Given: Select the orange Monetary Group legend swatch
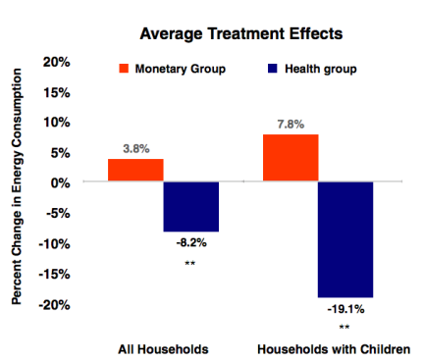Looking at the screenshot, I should [x=125, y=69].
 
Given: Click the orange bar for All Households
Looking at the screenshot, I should [x=135, y=170].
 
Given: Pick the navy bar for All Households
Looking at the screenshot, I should [x=190, y=206].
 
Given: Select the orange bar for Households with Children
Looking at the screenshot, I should [x=291, y=158].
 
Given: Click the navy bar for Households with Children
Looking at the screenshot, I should [x=344, y=239].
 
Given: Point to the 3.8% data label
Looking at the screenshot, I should [x=135, y=149].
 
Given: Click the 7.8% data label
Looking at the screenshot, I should [x=291, y=125].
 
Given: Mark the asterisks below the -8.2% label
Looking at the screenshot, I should [x=190, y=264].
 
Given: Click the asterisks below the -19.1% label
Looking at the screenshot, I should [x=344, y=328].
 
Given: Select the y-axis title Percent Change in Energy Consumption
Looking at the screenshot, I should [x=17, y=184].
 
